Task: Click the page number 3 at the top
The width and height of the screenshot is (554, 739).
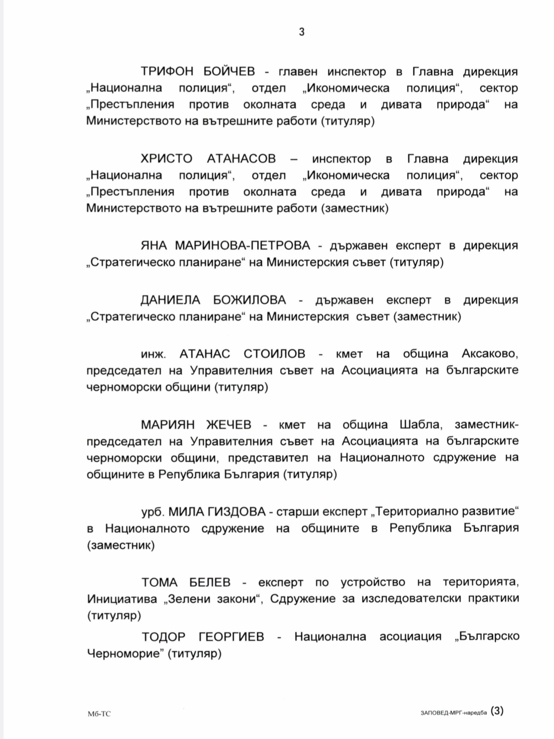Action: (301, 32)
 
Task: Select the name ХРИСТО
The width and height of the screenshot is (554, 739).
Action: (167, 159)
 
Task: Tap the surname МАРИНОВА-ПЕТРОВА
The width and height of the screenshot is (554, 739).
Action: (243, 245)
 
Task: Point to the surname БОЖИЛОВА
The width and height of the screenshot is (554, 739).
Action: (250, 300)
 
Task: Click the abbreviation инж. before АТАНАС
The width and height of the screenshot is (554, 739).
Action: (153, 354)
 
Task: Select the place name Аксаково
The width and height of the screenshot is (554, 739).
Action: (490, 354)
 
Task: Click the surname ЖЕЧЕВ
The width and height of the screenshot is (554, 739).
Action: (229, 425)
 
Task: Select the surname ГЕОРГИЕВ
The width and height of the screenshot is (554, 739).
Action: (231, 636)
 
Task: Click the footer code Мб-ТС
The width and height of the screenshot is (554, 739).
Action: (99, 714)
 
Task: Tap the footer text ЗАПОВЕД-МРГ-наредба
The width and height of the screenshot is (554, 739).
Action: (453, 713)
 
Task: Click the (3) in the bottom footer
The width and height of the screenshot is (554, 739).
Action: (497, 711)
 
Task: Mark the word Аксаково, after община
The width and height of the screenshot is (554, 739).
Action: (490, 354)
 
